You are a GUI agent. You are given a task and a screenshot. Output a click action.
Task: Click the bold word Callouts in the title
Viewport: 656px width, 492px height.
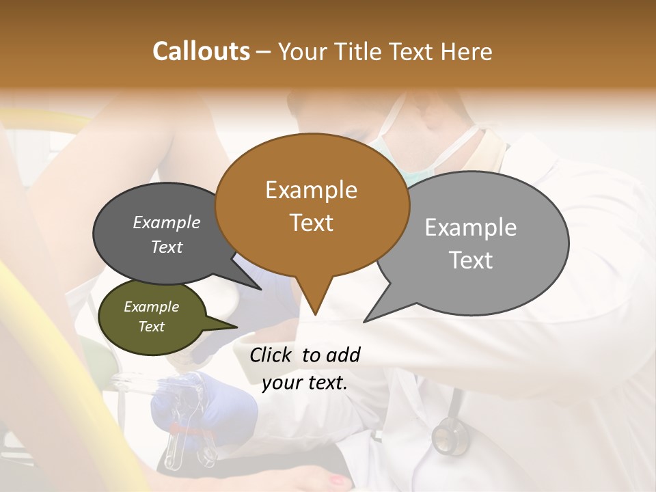201,51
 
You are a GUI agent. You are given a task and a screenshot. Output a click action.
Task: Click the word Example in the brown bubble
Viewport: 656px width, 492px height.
311,190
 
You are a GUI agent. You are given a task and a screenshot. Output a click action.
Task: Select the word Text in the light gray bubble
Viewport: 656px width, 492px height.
471,260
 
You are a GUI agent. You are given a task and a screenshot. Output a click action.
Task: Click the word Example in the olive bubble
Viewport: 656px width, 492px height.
151,307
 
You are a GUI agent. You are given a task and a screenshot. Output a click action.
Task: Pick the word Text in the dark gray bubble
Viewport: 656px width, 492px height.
167,247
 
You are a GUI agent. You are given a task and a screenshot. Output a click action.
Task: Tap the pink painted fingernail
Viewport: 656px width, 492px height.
339,481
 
